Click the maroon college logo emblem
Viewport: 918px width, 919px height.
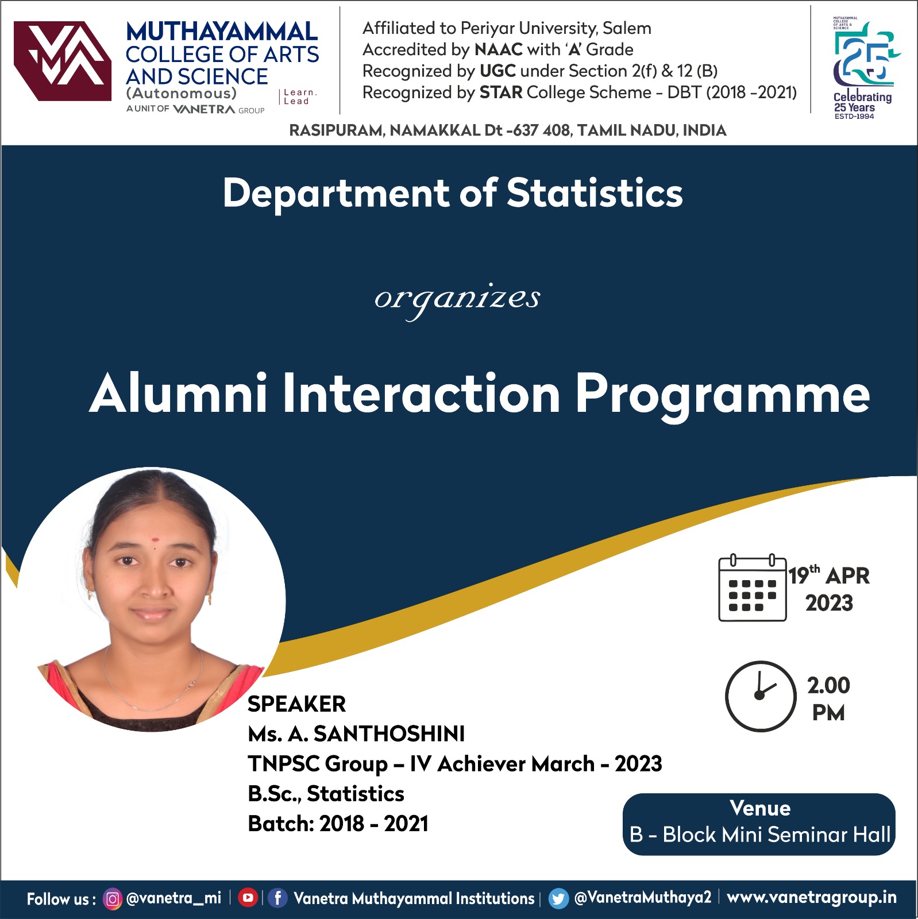[62, 61]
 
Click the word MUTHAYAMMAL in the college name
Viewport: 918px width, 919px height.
[222, 32]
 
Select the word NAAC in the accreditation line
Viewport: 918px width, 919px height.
[499, 49]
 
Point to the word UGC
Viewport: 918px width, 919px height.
[497, 71]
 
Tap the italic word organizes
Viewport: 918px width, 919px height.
[457, 299]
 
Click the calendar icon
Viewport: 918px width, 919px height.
[753, 588]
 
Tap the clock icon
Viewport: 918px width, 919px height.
[761, 696]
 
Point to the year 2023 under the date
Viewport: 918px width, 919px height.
[829, 603]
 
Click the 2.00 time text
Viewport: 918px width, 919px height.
[828, 685]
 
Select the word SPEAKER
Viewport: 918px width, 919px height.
[296, 704]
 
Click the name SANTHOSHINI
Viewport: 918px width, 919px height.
[389, 733]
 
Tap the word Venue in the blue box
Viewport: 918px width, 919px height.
[760, 808]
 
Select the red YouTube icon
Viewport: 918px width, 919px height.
[248, 898]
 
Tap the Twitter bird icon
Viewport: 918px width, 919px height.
[558, 898]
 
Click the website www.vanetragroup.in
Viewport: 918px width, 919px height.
[812, 897]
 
